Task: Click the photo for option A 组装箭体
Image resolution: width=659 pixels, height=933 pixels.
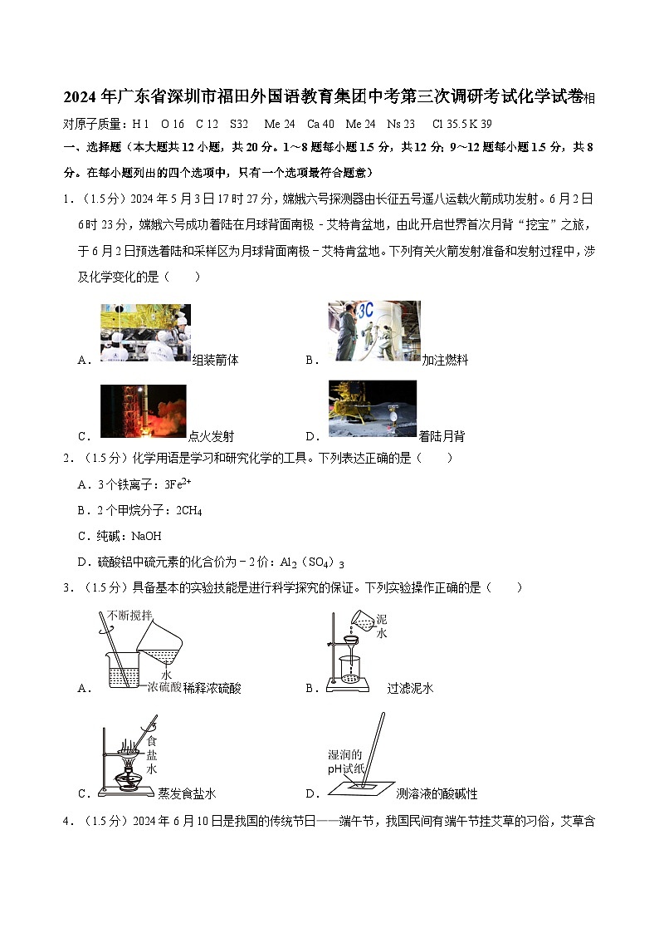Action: (145, 332)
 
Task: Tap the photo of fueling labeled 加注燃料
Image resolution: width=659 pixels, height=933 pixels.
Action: (373, 331)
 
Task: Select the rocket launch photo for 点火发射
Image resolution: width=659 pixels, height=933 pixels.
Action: (143, 410)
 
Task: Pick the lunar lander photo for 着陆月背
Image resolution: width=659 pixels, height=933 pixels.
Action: (373, 409)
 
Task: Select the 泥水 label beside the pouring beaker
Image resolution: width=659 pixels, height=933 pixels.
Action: (382, 626)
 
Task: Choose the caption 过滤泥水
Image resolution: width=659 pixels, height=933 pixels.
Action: (410, 688)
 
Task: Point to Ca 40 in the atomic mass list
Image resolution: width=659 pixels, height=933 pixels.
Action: (320, 124)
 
